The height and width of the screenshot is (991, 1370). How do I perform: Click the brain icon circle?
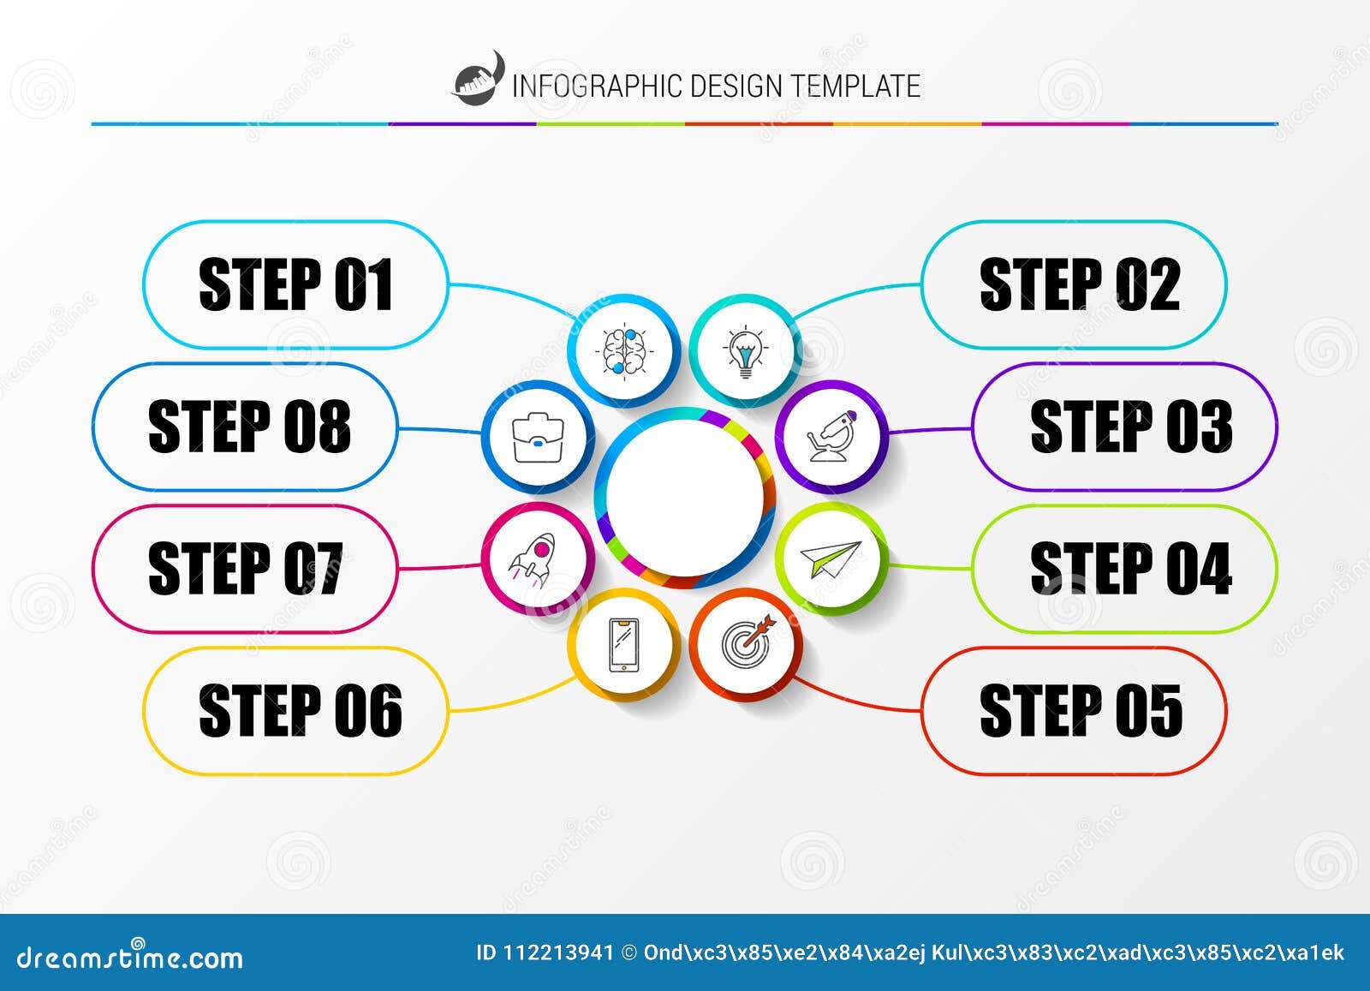(624, 350)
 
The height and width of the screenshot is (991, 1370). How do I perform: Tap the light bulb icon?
(746, 350)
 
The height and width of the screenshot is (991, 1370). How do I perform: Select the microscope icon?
(831, 437)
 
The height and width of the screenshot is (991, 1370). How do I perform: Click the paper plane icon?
(831, 559)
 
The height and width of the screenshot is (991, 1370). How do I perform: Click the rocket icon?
(537, 558)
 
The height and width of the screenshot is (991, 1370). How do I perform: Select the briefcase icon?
(537, 437)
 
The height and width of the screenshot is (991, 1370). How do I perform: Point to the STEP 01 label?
(295, 285)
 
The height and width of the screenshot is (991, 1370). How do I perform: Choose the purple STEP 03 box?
(1123, 427)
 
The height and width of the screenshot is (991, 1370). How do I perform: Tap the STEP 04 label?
(1130, 569)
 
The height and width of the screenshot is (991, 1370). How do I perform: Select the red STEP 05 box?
(1074, 711)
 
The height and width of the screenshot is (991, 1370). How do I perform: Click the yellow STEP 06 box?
(295, 711)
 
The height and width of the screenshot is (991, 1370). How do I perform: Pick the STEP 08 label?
(248, 427)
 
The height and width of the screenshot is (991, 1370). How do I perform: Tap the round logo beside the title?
(478, 81)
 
